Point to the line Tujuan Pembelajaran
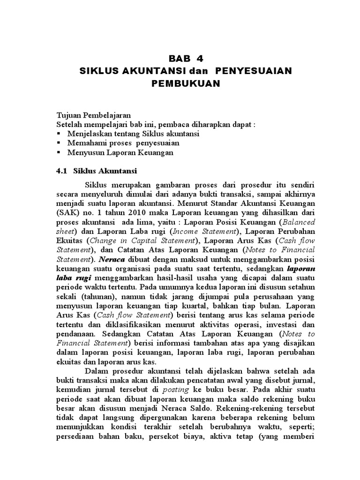pos(93,115)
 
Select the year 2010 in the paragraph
pos(129,212)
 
